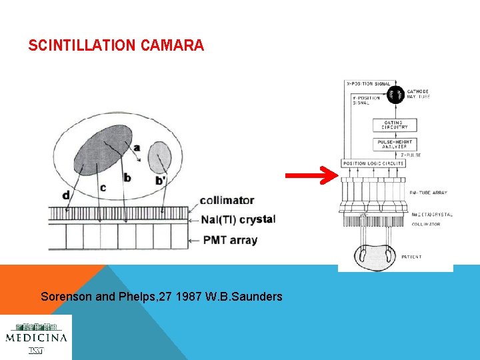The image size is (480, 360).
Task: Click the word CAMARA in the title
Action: [172, 46]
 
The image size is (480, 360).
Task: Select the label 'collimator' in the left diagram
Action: [227, 199]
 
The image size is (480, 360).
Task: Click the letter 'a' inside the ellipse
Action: [137, 148]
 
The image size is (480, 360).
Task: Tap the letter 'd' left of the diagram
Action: [65, 195]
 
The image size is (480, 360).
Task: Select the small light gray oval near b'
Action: [159, 157]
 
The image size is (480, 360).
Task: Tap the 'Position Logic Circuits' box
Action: [373, 163]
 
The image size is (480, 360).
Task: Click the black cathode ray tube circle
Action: [395, 95]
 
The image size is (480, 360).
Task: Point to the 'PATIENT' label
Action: [411, 257]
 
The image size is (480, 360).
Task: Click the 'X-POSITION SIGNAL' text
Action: [369, 83]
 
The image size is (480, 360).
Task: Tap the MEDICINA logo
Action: [36, 337]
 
